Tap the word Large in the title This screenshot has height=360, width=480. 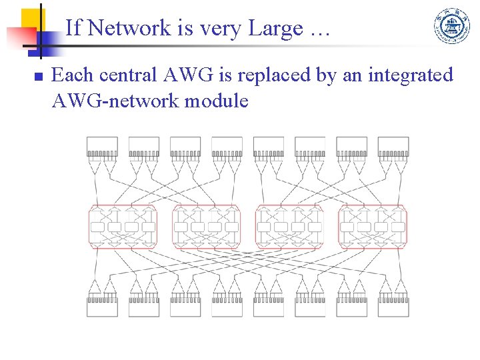[273, 28]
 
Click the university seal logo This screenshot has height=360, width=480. [452, 27]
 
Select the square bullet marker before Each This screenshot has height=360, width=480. [38, 77]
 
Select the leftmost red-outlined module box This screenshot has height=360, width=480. [123, 227]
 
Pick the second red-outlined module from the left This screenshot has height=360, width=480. [206, 227]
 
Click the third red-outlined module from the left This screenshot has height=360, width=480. [289, 227]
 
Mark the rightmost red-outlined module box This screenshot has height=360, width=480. [373, 227]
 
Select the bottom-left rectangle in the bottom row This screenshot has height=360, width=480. [102, 307]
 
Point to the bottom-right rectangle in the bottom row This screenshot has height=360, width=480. [393, 307]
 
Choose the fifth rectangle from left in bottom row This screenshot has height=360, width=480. [269, 307]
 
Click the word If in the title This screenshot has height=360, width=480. [73, 28]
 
